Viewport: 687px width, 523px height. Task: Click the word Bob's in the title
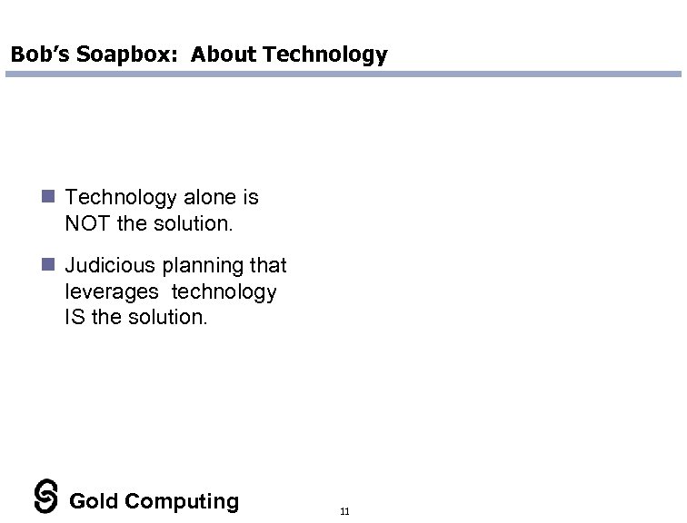tap(35, 54)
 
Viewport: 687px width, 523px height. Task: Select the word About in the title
tap(224, 54)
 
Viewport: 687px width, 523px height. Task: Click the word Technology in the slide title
tap(324, 54)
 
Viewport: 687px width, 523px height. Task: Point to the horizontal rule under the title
tap(343, 74)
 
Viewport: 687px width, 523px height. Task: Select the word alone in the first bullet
tap(209, 197)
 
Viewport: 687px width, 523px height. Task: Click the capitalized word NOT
tap(89, 222)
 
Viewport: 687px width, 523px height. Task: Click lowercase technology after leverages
tap(224, 291)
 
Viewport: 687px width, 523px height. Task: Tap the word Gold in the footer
tap(95, 501)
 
